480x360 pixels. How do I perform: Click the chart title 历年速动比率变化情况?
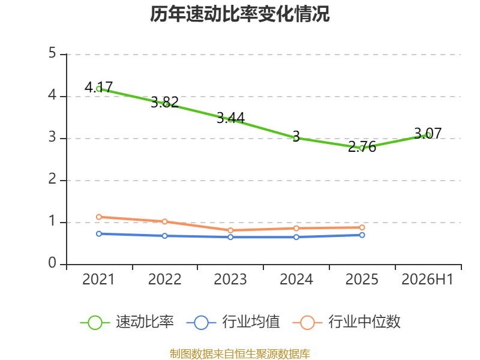(239, 14)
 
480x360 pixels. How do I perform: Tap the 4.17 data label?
(98, 87)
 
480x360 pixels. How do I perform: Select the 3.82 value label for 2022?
(164, 102)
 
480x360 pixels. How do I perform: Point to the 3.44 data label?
(230, 118)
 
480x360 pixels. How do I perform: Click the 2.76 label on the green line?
(362, 146)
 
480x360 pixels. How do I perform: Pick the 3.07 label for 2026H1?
(428, 133)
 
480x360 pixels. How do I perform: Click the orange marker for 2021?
(99, 217)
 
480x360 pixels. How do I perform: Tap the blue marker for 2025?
(362, 235)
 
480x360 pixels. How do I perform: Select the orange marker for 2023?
(230, 230)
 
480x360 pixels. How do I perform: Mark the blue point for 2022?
(164, 236)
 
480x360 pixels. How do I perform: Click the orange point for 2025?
(362, 227)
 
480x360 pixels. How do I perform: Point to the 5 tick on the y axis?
(52, 53)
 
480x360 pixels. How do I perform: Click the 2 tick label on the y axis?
(52, 179)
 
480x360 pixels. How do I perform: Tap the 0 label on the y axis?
(52, 263)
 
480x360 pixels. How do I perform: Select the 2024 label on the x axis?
(296, 279)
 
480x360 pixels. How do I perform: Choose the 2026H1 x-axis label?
(427, 279)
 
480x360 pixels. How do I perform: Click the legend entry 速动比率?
(127, 322)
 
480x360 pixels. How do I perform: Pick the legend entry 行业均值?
(233, 322)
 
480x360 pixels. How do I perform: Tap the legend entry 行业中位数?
(347, 322)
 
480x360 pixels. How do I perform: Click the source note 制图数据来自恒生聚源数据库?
(240, 354)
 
